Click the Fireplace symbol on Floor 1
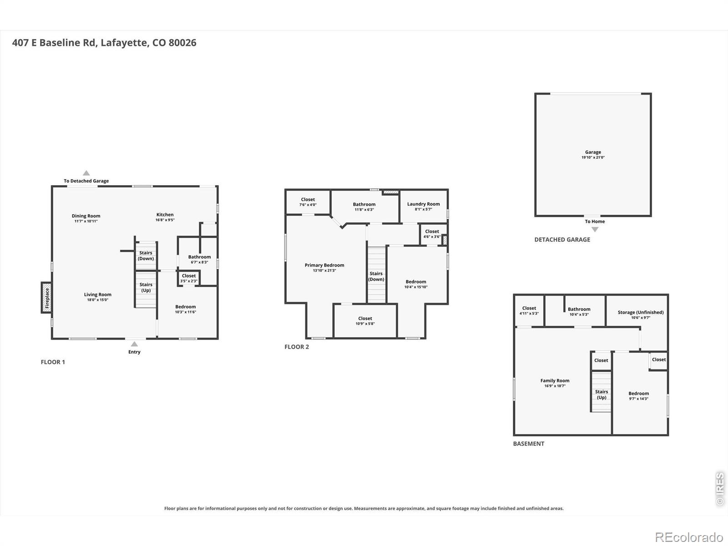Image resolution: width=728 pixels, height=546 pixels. (x=46, y=298)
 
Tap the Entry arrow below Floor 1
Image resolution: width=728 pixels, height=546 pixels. (x=134, y=344)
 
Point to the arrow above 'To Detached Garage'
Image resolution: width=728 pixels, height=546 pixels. (x=86, y=173)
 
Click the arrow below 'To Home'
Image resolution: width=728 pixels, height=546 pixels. (x=595, y=229)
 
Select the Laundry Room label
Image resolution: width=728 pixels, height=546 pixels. (x=424, y=204)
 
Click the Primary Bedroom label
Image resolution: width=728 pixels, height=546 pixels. (x=324, y=265)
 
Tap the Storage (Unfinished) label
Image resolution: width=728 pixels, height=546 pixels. (x=641, y=312)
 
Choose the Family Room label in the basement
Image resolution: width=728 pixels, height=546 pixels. (x=555, y=380)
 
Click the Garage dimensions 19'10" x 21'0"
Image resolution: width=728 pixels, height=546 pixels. (x=593, y=157)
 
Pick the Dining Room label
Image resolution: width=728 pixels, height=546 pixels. (x=86, y=216)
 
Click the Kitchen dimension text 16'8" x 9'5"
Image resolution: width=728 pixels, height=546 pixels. (x=165, y=220)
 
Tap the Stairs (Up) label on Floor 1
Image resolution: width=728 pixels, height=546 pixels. (x=146, y=288)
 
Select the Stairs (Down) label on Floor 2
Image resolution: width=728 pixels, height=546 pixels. (x=376, y=276)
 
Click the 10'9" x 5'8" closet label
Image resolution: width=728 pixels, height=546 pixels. (x=365, y=324)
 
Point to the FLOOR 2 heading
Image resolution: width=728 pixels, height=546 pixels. (x=297, y=347)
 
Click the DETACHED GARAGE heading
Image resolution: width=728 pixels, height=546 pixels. (x=562, y=240)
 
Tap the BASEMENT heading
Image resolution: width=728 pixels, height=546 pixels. (x=529, y=444)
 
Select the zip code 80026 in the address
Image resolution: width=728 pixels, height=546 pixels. (x=182, y=43)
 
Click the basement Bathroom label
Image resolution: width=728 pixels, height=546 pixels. (x=579, y=309)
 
